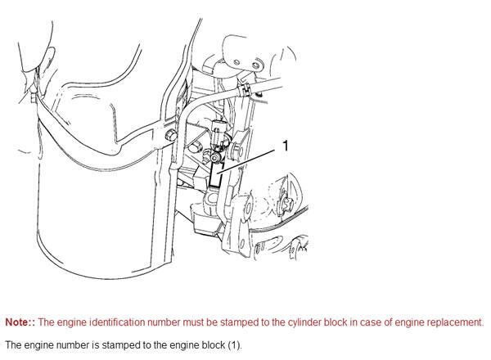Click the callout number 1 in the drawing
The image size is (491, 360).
pos(286,146)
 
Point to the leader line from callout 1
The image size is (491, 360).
pos(247,161)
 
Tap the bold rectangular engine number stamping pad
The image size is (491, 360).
pos(216,175)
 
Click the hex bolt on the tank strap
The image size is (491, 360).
pos(170,135)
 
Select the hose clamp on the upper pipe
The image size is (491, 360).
pos(245,88)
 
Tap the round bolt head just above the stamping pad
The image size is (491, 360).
pos(216,158)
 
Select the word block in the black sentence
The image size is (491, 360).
pos(213,345)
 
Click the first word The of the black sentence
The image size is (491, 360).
pos(13,345)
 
